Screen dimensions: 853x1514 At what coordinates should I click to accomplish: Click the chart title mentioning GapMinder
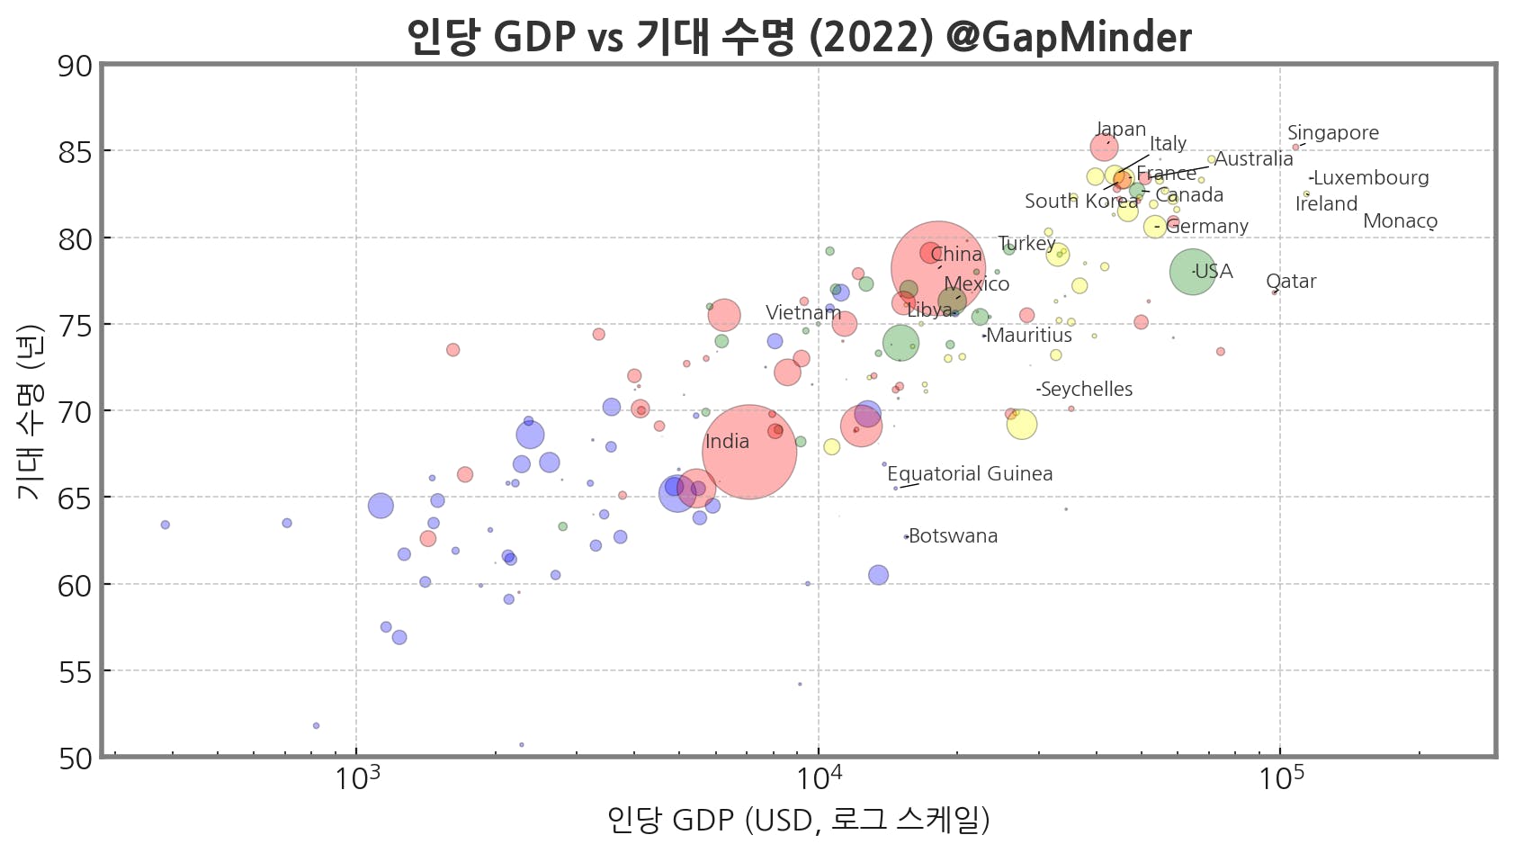(x=799, y=37)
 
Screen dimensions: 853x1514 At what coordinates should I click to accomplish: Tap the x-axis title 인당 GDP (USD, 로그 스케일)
(x=798, y=820)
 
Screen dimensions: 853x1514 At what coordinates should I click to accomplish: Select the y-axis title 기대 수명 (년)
(x=29, y=412)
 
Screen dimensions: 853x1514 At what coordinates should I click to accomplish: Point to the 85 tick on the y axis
(x=75, y=152)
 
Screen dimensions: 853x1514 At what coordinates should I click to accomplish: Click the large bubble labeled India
(x=749, y=452)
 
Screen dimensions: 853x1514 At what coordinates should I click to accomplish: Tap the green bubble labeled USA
(x=1192, y=272)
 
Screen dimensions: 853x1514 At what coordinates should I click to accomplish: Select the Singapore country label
(x=1332, y=133)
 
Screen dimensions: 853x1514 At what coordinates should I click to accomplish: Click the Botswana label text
(x=953, y=536)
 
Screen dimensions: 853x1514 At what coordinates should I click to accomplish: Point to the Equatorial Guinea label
(x=970, y=474)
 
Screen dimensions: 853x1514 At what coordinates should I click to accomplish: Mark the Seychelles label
(x=1086, y=390)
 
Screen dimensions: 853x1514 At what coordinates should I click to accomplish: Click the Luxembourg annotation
(x=1370, y=178)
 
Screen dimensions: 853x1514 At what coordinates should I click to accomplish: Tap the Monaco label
(x=1400, y=221)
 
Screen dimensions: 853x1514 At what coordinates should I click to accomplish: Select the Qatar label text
(x=1291, y=282)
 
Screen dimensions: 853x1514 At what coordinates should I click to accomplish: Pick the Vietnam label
(x=802, y=313)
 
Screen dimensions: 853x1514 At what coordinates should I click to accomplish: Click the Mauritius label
(x=1029, y=336)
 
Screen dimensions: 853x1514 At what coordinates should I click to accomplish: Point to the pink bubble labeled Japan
(x=1104, y=148)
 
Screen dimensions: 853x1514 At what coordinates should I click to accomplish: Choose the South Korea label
(x=1080, y=202)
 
